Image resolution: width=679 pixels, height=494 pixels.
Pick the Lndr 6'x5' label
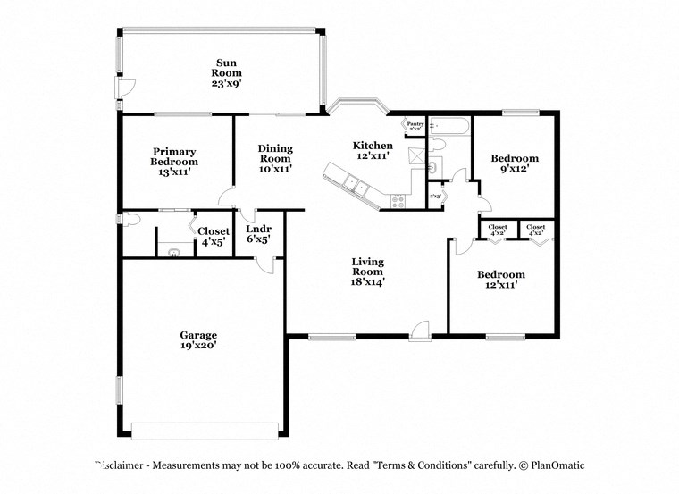[258, 234]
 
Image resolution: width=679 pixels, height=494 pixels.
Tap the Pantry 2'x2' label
[415, 126]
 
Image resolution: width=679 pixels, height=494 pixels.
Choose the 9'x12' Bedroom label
[515, 164]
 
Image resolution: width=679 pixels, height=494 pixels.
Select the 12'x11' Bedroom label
[500, 280]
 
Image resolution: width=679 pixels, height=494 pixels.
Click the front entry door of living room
[422, 331]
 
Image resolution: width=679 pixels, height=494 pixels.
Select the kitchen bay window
[356, 108]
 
